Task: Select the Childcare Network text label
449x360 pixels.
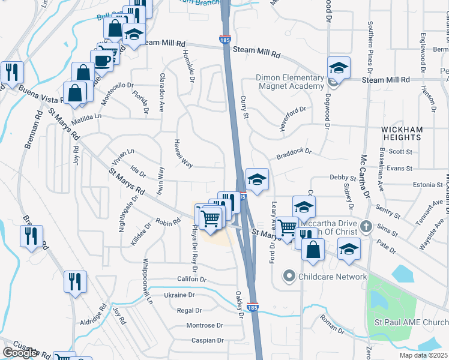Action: (333, 277)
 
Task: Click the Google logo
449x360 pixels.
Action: (20, 353)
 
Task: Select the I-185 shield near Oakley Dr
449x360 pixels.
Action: (253, 307)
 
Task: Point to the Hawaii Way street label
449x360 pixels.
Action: (183, 154)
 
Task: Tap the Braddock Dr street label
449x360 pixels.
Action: (294, 154)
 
